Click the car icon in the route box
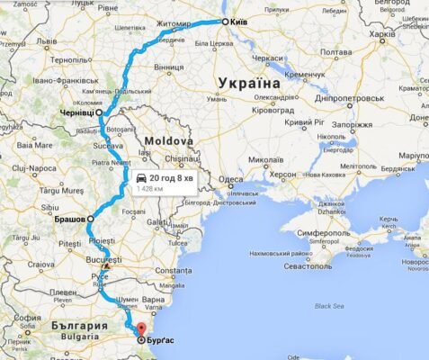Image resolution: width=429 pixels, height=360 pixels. (x=142, y=176)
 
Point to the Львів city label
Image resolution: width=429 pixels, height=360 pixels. (x=47, y=41)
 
